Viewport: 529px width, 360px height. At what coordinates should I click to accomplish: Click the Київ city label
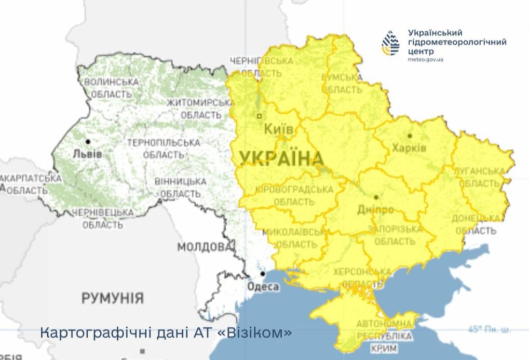[279, 129]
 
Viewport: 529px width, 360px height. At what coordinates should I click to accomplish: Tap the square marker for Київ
[260, 116]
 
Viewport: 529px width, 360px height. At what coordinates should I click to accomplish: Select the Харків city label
[410, 148]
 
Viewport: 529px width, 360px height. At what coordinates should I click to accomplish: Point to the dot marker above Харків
[410, 136]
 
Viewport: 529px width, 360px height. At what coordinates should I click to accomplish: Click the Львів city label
[87, 154]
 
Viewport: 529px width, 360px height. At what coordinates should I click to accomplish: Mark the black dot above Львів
[88, 141]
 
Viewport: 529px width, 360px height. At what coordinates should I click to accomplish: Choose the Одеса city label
[263, 286]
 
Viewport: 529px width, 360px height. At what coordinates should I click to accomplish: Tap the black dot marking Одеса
[263, 274]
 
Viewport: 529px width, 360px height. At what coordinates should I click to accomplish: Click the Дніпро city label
[376, 209]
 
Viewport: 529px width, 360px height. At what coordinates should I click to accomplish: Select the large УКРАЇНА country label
[281, 158]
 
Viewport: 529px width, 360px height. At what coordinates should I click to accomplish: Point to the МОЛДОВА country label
[204, 247]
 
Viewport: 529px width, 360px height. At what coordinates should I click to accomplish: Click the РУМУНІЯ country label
[112, 298]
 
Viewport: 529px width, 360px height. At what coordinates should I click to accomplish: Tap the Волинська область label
[111, 88]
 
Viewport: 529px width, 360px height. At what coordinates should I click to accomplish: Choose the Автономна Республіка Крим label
[385, 336]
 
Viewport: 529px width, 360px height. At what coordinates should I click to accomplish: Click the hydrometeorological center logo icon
[390, 43]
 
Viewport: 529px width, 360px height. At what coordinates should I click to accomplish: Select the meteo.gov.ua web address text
[426, 60]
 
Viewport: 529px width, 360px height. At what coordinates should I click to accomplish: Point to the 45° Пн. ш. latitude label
[489, 329]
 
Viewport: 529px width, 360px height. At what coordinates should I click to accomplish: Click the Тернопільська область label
[164, 149]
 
